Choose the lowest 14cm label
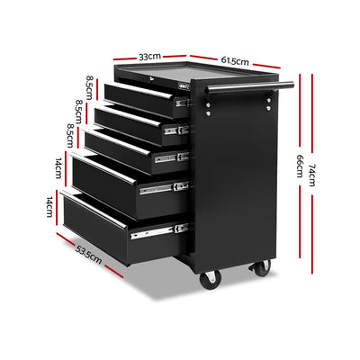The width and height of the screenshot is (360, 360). tap(51, 209)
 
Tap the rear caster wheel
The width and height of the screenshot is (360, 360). tap(262, 267)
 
